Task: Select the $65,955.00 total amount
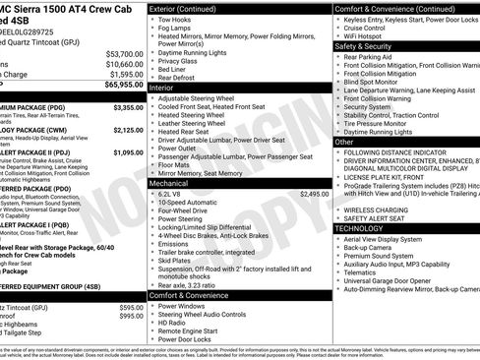[x=123, y=87]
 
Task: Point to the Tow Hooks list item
[x=177, y=20]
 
